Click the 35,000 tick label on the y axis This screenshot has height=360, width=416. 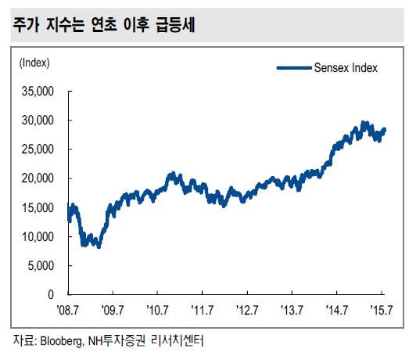point(38,92)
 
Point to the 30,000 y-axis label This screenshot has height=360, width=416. point(38,121)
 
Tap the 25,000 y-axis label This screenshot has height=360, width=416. point(38,149)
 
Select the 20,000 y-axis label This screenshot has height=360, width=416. point(38,178)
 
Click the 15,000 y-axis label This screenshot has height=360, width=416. point(38,207)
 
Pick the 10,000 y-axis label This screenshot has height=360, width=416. point(38,236)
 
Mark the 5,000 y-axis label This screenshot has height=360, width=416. point(41,265)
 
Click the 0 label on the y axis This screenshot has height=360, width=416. point(51,294)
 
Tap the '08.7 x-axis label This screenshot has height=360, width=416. point(68,310)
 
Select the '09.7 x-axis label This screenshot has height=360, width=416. point(113,310)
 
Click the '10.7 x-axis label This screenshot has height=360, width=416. point(158,310)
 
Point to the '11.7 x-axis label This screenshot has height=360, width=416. point(203,310)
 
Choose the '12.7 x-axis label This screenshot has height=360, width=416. point(247,310)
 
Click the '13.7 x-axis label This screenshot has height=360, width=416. point(292,310)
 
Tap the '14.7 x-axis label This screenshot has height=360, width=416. point(337,310)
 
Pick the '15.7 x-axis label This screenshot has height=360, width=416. point(382,310)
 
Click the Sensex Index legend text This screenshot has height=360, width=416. point(346,68)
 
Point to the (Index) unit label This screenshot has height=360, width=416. point(34,63)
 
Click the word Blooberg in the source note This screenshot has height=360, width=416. point(62,341)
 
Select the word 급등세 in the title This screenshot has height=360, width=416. point(176,25)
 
